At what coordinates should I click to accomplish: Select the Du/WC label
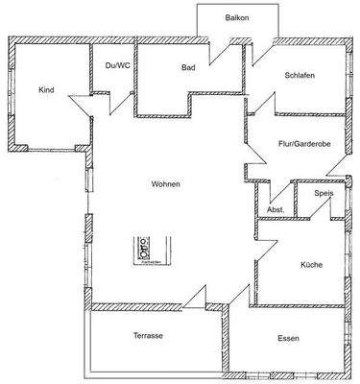point(116,64)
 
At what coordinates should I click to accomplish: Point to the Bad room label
point(189,68)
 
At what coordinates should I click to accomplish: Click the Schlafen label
point(300,76)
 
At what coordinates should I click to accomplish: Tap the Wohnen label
point(164,183)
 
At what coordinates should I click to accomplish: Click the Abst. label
point(275,209)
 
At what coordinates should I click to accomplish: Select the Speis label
point(324,194)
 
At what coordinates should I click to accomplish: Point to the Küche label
point(310,264)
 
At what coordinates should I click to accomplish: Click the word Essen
point(288,338)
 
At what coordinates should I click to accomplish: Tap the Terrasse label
point(148,336)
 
